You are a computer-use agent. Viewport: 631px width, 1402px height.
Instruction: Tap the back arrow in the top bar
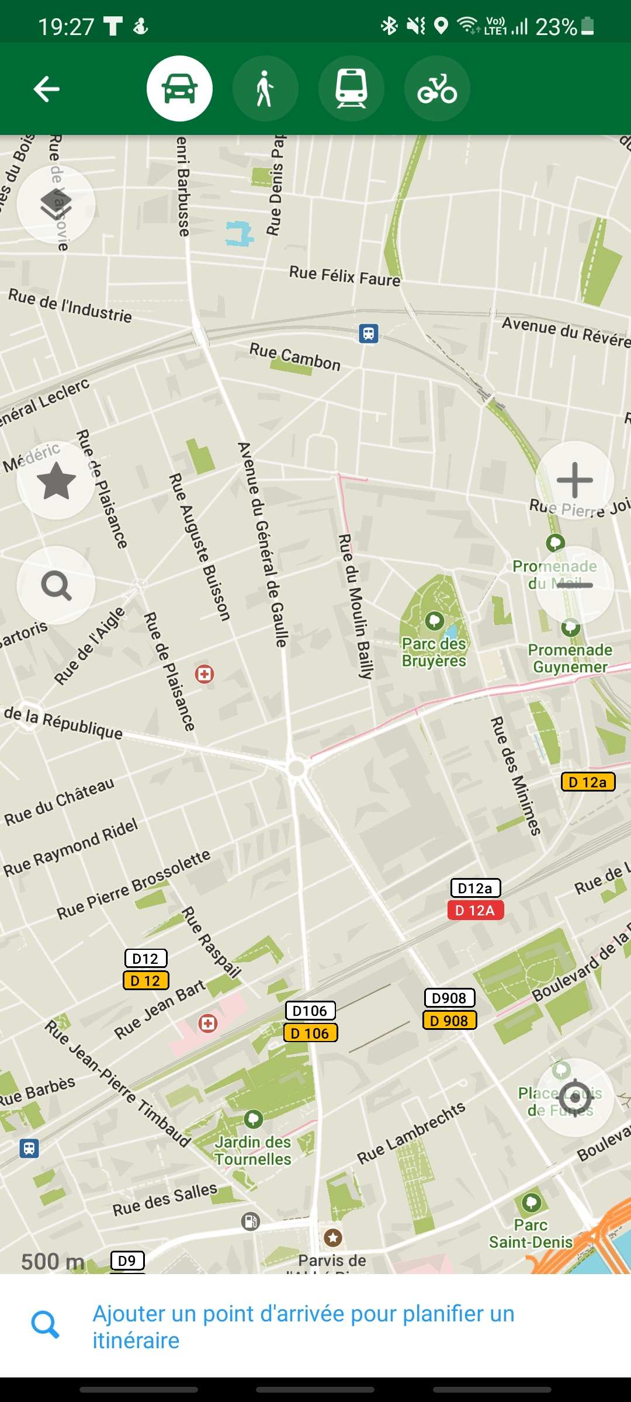[x=47, y=89]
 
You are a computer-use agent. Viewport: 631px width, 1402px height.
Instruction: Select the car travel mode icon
[x=179, y=89]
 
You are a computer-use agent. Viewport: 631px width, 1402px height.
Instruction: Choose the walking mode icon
[x=265, y=89]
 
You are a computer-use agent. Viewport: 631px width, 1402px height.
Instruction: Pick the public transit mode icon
[x=351, y=89]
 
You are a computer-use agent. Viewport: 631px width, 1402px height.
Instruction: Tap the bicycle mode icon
[x=437, y=89]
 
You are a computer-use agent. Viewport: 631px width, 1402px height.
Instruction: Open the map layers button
[x=56, y=204]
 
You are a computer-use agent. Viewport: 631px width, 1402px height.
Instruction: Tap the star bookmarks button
[x=56, y=480]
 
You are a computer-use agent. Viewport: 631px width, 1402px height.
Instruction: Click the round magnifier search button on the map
[x=56, y=585]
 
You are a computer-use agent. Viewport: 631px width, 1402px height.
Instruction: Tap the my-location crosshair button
[x=575, y=1097]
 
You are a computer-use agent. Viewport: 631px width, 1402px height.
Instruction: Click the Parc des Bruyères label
[x=434, y=652]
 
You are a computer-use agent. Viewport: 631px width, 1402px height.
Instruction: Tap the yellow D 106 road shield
[x=310, y=1033]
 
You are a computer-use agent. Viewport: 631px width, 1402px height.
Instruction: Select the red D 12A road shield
[x=475, y=910]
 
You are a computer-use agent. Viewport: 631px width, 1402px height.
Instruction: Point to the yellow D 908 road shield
[x=449, y=1020]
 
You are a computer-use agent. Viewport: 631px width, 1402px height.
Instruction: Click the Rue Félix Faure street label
[x=345, y=275]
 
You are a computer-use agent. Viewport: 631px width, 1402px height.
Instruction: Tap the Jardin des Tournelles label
[x=253, y=1150]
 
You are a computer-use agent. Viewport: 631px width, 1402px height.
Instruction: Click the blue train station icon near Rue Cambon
[x=368, y=333]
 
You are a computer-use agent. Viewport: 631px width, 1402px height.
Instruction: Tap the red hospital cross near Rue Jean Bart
[x=208, y=1023]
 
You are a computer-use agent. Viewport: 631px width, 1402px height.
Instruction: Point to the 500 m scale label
[x=53, y=1261]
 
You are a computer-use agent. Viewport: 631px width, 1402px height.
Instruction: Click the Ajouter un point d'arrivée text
[x=304, y=1326]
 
